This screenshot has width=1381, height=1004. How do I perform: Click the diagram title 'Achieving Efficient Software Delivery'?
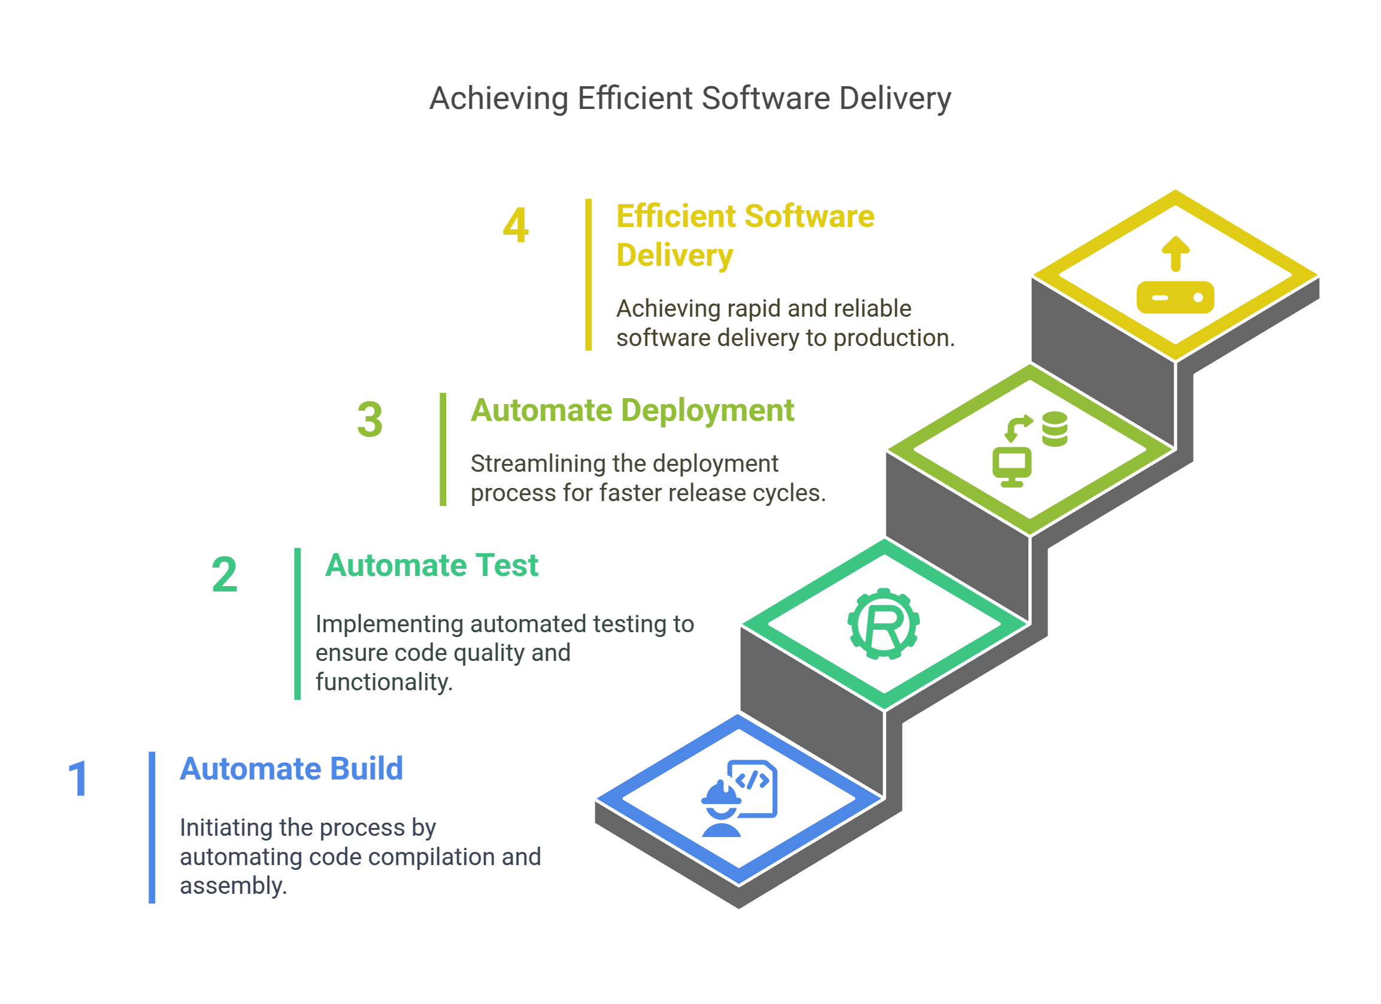[690, 98]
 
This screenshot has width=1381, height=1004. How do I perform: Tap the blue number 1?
[78, 779]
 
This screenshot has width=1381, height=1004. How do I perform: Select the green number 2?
[224, 574]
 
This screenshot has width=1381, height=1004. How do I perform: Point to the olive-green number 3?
[370, 420]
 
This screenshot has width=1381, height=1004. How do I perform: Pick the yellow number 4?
[515, 225]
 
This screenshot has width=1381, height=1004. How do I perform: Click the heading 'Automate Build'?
[291, 768]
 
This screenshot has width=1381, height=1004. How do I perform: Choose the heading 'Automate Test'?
[431, 565]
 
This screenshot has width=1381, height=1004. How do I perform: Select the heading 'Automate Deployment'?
[632, 410]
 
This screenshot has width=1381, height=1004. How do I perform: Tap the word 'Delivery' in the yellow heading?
[675, 255]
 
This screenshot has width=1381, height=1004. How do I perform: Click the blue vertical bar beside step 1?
[152, 827]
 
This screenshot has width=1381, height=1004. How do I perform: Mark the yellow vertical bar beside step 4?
[588, 275]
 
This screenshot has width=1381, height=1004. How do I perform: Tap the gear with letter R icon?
[883, 624]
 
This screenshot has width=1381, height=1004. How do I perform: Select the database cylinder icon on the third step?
[1054, 429]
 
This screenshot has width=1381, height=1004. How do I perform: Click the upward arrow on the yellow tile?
[1175, 253]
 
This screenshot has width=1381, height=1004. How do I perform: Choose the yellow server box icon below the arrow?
[1175, 298]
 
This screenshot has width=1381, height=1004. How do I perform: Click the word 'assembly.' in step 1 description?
[233, 887]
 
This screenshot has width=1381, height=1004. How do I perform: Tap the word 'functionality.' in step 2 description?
[384, 683]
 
